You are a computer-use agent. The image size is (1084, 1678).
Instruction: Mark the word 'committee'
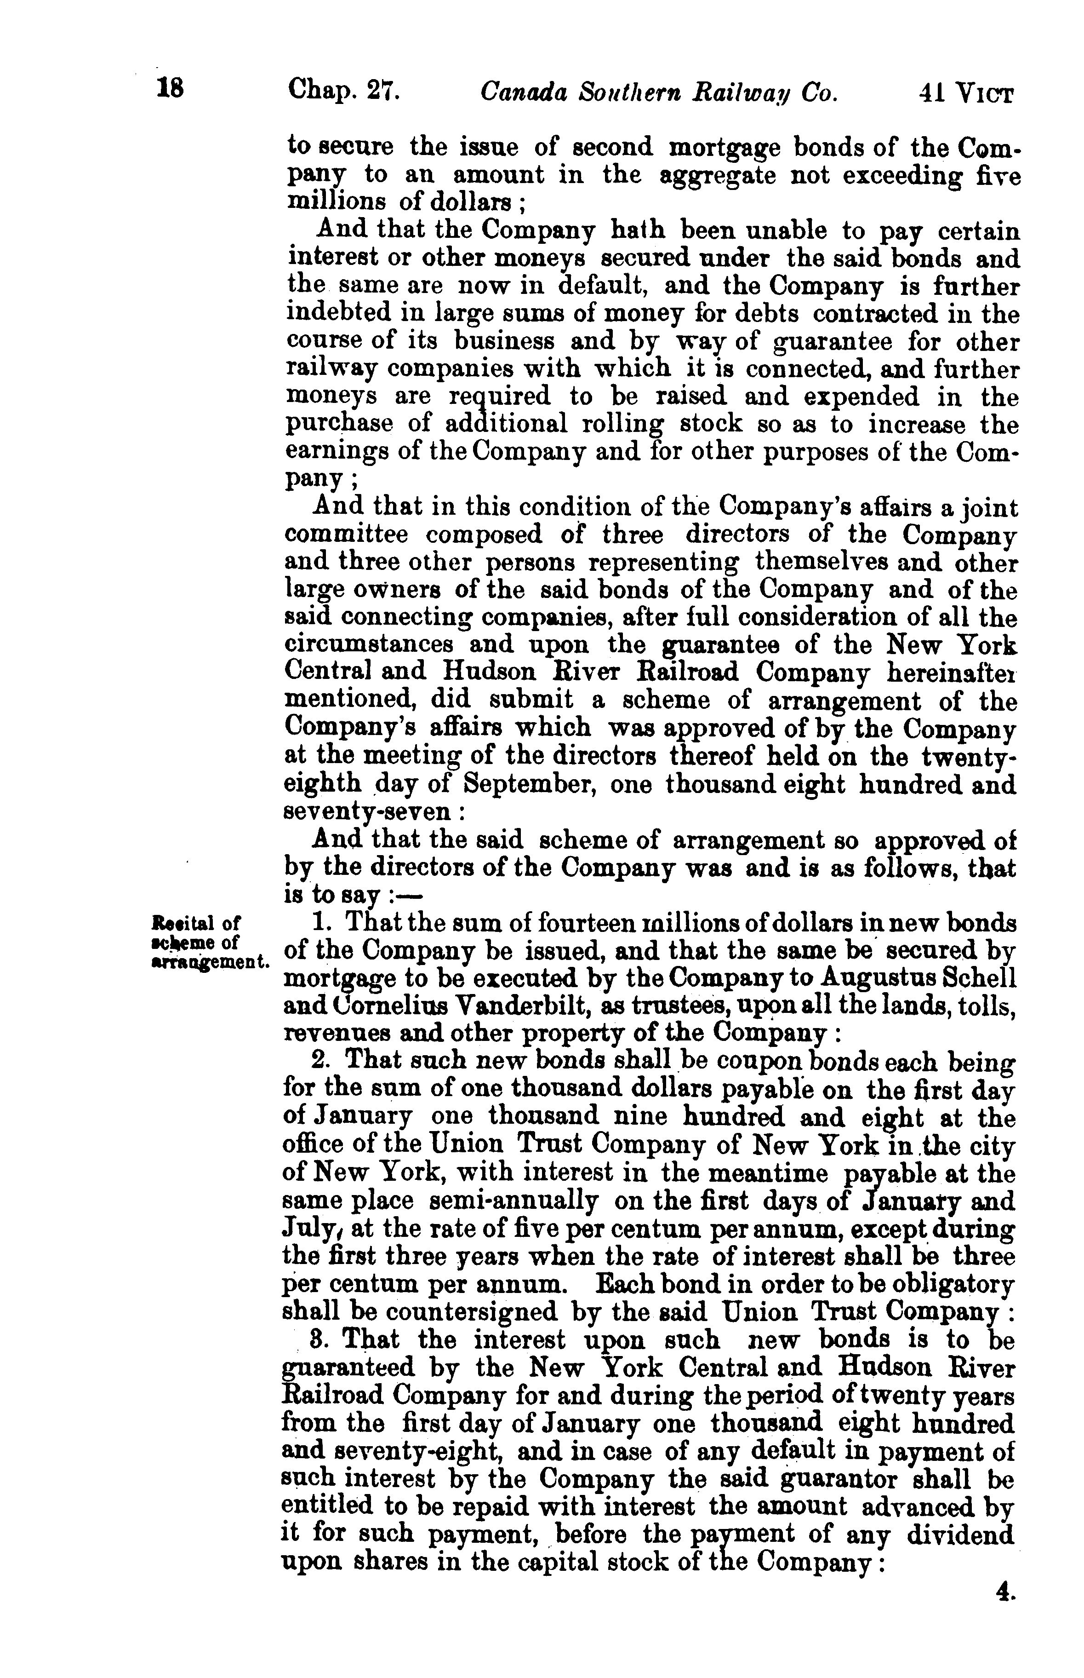[x=346, y=535]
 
